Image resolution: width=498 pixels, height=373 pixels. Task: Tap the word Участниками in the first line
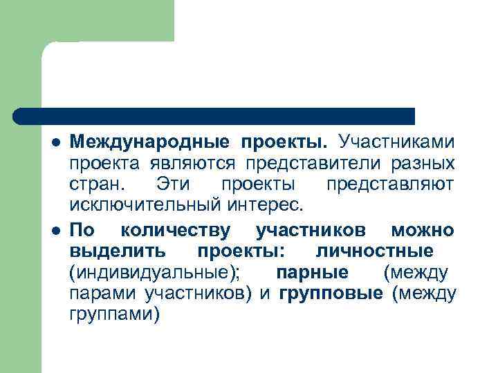[396, 143]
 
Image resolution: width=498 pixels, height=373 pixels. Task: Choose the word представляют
[390, 185]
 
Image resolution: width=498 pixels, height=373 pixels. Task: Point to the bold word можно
[422, 229]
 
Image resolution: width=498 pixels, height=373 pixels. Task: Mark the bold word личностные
[374, 250]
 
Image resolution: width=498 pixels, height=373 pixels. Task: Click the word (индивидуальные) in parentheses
[154, 271]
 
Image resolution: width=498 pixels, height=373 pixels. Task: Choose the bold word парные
[311, 271]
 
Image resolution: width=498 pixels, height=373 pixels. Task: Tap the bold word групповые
[331, 293]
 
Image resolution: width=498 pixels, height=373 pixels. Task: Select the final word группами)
[114, 314]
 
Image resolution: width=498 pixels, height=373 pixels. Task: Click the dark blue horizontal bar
[214, 115]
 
